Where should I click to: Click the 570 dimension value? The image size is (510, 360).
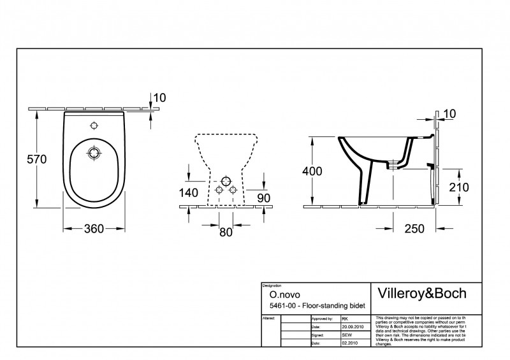(36, 160)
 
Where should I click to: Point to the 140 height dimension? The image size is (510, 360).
(189, 193)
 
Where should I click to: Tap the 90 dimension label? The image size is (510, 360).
(263, 198)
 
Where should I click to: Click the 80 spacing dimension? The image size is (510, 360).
(226, 232)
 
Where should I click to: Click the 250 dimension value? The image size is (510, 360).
(412, 228)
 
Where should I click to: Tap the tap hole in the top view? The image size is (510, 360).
(94, 125)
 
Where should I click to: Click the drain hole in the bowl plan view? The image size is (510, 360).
(94, 153)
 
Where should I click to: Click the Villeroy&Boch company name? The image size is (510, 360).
(422, 293)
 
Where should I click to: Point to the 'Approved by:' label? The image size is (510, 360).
(321, 317)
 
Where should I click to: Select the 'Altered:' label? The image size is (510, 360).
(269, 317)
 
